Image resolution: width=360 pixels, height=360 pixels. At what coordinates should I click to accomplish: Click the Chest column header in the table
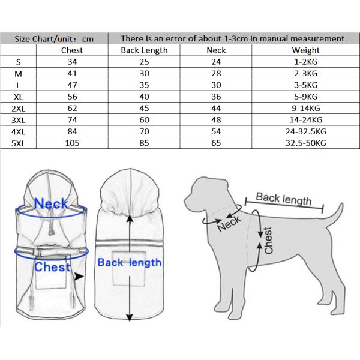coord(72,50)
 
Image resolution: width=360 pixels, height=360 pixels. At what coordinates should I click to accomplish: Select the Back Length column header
coord(144,50)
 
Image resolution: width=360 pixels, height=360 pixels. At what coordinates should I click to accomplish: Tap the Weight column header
coord(306,50)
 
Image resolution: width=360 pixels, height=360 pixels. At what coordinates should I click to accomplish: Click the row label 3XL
coord(19,119)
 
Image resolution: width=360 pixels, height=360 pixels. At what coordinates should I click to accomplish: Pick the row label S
coord(19,62)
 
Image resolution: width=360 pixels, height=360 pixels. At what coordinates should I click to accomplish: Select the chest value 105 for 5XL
coord(72,143)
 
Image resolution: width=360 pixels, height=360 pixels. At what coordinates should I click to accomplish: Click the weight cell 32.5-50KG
coord(306,143)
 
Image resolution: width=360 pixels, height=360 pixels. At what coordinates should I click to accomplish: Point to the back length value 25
coord(144,62)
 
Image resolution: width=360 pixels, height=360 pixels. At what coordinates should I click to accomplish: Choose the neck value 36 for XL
coord(216,96)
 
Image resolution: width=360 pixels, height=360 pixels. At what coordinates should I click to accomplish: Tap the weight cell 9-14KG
coord(306,108)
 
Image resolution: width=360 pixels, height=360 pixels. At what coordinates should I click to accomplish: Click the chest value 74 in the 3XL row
coord(72,119)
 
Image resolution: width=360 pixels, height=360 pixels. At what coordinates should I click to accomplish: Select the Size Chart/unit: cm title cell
coord(55,38)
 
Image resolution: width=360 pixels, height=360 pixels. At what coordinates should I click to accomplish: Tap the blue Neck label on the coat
coord(51,204)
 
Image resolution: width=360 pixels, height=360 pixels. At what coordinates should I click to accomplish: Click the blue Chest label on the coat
coord(53,267)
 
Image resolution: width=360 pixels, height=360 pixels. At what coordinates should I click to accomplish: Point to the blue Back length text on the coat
coord(129,263)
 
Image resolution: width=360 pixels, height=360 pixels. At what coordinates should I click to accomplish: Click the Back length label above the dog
coord(284,199)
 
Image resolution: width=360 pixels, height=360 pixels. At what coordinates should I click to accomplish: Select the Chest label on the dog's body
coord(268,240)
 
